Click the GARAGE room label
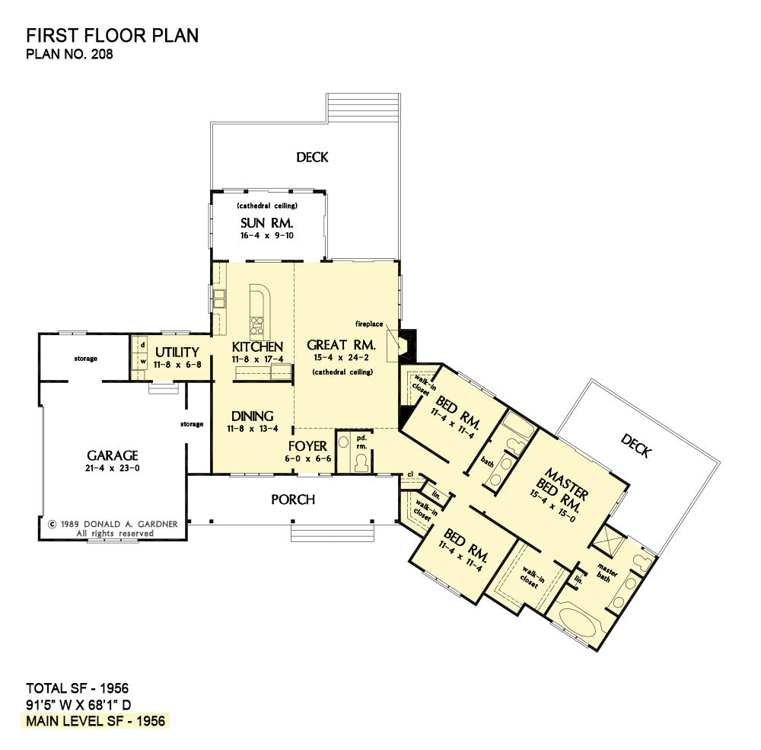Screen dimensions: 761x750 [113, 455]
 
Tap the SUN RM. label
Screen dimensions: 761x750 [267, 223]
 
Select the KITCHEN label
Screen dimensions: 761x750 [257, 346]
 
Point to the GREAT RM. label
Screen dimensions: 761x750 [341, 345]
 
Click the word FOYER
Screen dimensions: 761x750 [307, 446]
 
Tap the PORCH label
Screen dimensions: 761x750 [293, 499]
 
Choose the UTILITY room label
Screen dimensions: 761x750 [177, 353]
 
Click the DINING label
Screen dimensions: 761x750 [253, 416]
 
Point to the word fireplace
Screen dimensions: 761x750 [369, 324]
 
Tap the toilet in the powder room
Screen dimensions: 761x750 [361, 463]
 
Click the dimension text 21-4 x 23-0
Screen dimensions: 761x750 [113, 468]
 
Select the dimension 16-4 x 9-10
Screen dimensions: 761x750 [267, 235]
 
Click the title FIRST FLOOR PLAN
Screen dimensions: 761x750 [112, 36]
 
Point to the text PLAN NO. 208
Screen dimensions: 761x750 [69, 54]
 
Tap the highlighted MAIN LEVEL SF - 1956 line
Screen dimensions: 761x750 [96, 721]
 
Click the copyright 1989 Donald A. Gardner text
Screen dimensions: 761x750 [113, 524]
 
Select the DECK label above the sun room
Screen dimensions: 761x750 [312, 157]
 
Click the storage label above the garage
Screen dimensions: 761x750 [85, 359]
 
